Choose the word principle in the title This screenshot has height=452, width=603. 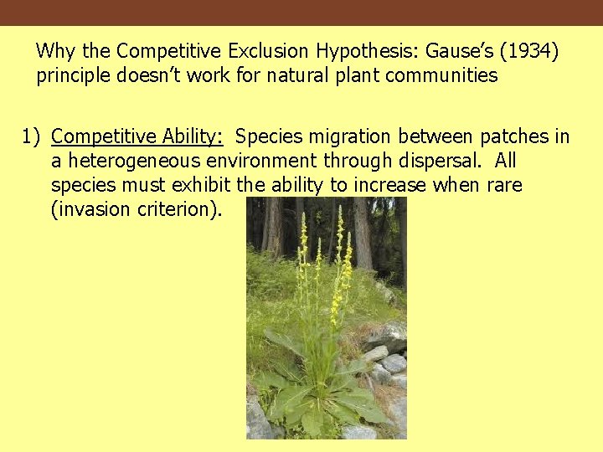[x=73, y=76]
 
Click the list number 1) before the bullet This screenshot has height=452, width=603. [x=31, y=136]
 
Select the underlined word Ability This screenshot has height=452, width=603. [x=193, y=136]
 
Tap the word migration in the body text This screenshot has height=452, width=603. [x=353, y=136]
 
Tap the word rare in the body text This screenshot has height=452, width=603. [x=504, y=185]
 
